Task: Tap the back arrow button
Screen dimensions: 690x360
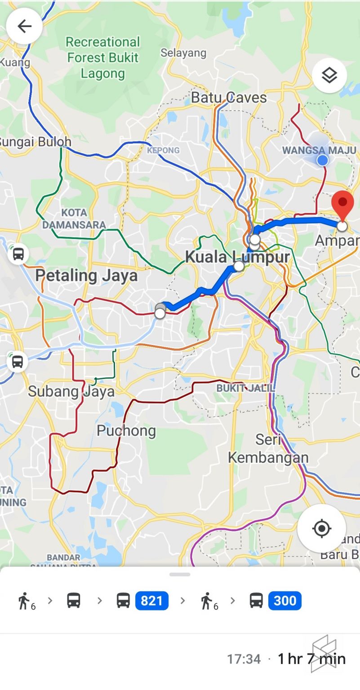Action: [24, 26]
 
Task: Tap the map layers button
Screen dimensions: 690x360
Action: [329, 75]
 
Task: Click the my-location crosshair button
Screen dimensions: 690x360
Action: [321, 528]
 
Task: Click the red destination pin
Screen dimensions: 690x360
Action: [342, 205]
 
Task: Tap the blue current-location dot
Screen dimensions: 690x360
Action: [322, 160]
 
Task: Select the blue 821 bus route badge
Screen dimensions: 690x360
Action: [151, 601]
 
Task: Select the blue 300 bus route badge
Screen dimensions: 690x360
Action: [284, 601]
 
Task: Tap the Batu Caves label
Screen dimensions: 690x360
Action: [229, 97]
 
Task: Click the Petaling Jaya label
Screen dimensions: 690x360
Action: [86, 275]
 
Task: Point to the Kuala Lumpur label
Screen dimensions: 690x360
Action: [237, 257]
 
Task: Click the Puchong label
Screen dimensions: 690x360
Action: [126, 431]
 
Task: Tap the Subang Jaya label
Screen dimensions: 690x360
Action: [71, 391]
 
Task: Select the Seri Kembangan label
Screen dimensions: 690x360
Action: [268, 448]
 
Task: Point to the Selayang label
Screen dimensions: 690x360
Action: [183, 53]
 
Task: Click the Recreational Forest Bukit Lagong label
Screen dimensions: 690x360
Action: [103, 57]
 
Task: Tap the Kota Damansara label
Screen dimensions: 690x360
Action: [74, 218]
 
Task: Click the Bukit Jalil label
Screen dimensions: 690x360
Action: [245, 388]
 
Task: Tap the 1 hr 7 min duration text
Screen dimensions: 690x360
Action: [311, 659]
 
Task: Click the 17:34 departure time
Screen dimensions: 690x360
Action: [244, 659]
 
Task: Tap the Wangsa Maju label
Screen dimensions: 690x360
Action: [319, 150]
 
